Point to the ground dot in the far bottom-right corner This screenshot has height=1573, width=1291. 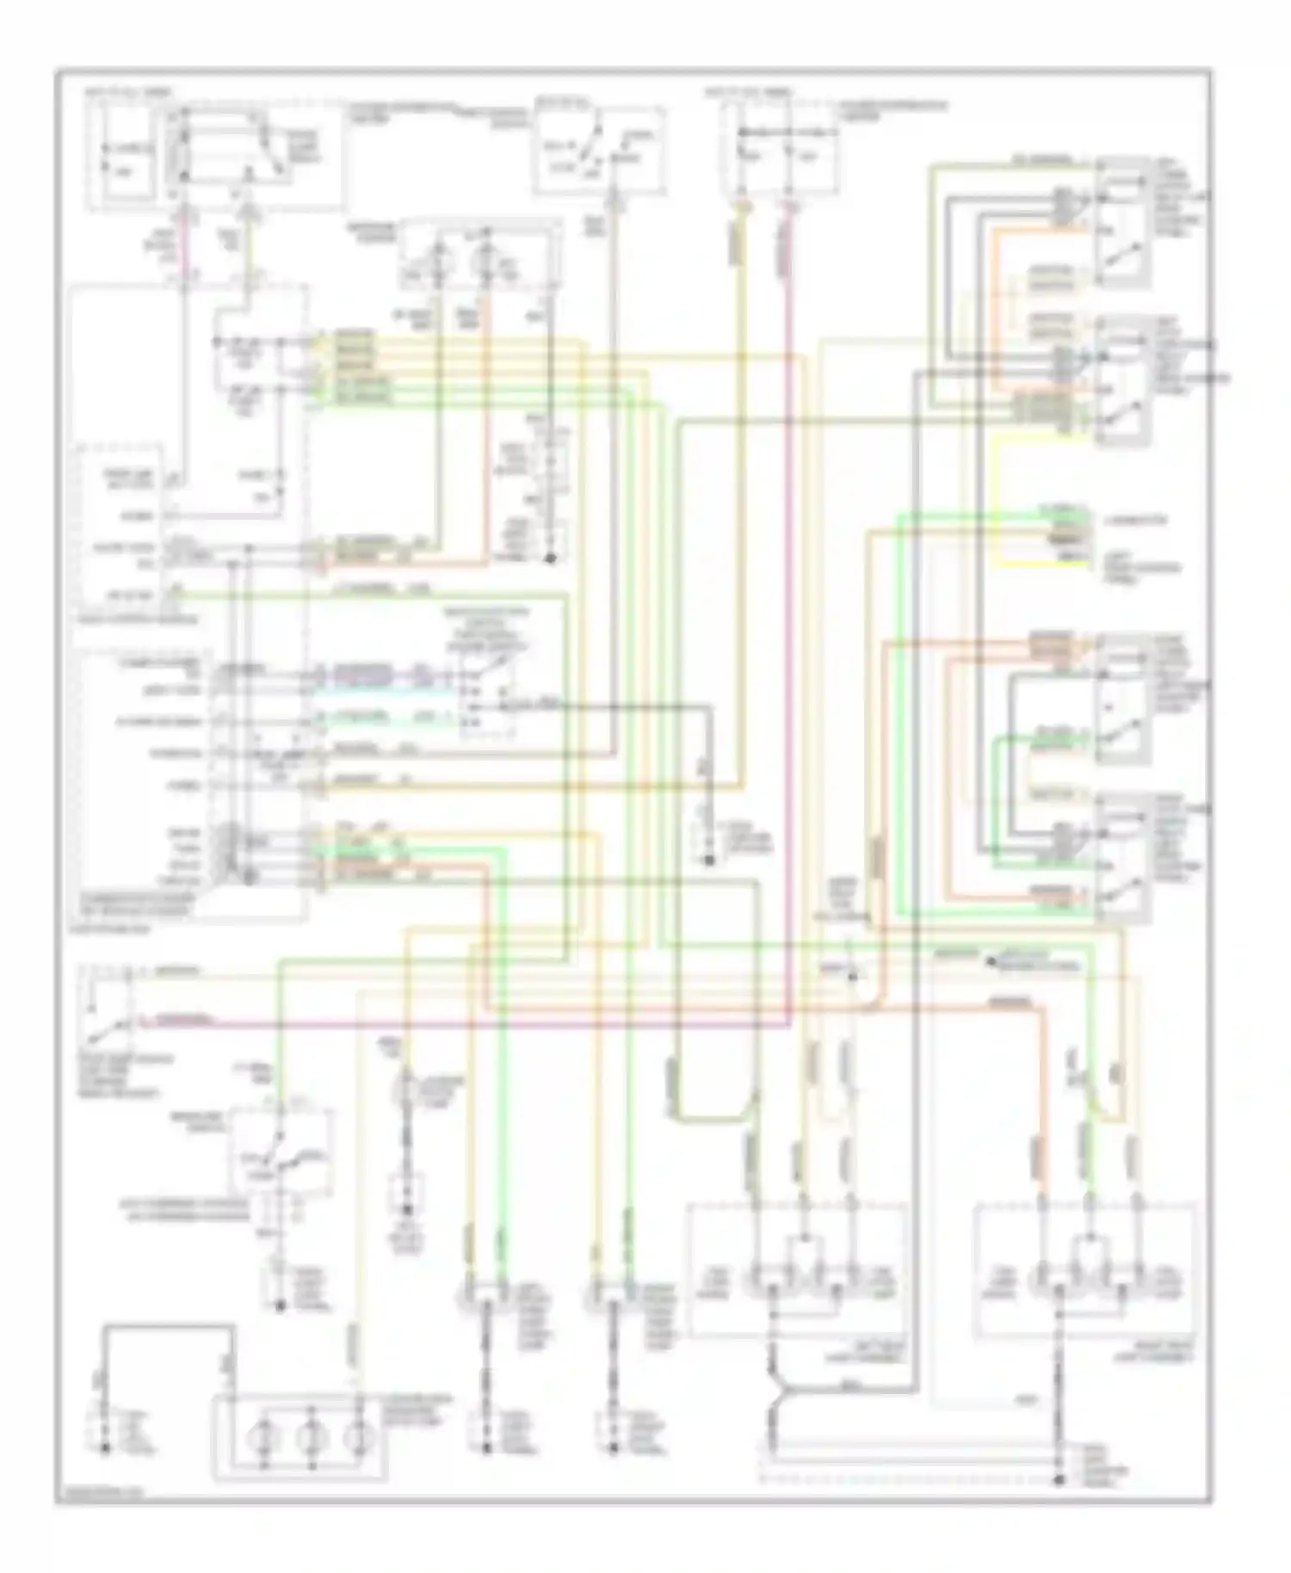coord(1059,1480)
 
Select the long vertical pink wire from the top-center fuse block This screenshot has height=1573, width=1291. coord(787,602)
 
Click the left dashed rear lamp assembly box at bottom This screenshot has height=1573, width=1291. coord(796,1269)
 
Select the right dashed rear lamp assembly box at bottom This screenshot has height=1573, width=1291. coord(1084,1269)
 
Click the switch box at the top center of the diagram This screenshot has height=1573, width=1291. coord(600,151)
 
